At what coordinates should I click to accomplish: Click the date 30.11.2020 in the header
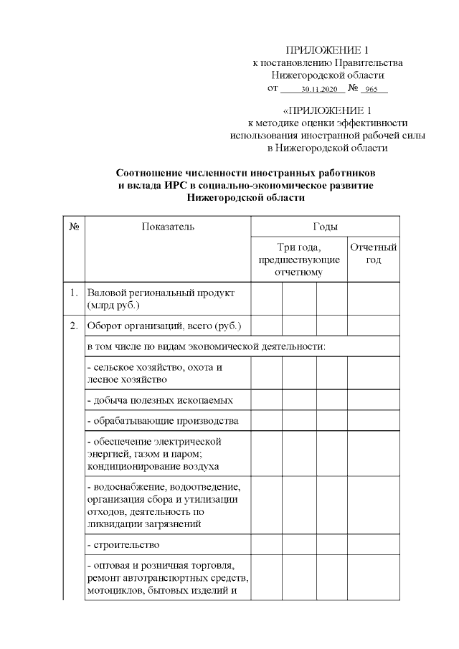319,90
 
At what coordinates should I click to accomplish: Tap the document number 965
371,90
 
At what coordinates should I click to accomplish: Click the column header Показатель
168,227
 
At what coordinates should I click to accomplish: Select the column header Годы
325,227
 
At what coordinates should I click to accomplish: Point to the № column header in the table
74,227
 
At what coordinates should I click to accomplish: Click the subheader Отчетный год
373,253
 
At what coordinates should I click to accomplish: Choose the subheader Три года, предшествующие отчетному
298,260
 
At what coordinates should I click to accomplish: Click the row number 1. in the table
74,293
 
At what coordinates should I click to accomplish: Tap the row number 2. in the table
74,326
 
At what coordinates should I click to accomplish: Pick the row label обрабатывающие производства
162,420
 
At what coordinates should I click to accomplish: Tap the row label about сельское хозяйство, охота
153,374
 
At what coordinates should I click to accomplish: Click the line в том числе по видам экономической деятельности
206,347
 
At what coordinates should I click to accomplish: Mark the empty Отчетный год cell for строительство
373,545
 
